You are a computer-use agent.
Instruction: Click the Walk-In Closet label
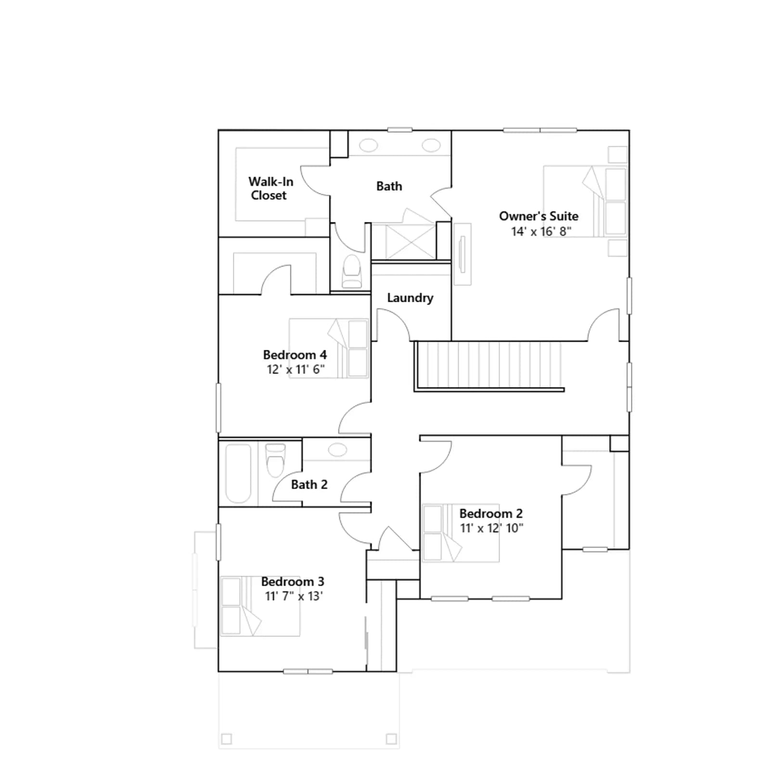[270, 188]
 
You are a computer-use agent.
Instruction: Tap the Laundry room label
[410, 298]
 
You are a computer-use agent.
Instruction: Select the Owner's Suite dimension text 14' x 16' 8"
[541, 231]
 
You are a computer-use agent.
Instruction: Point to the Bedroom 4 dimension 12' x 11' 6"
[295, 369]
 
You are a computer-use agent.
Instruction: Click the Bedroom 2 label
[491, 513]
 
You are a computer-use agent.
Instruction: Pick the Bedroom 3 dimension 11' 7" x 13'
[294, 596]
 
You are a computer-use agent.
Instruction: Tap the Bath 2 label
[309, 484]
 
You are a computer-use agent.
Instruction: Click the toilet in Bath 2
[275, 460]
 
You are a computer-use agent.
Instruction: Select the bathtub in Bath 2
[238, 474]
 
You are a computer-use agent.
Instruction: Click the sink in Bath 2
[337, 450]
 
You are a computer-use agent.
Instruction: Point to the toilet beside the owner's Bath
[351, 271]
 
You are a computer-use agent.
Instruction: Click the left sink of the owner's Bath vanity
[369, 145]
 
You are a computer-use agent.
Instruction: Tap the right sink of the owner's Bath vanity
[431, 145]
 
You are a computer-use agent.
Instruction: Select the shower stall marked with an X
[410, 241]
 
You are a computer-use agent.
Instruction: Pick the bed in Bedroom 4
[329, 348]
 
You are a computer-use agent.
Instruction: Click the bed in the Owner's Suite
[585, 201]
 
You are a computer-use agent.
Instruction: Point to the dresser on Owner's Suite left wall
[462, 254]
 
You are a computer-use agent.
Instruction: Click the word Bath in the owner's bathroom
[389, 186]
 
